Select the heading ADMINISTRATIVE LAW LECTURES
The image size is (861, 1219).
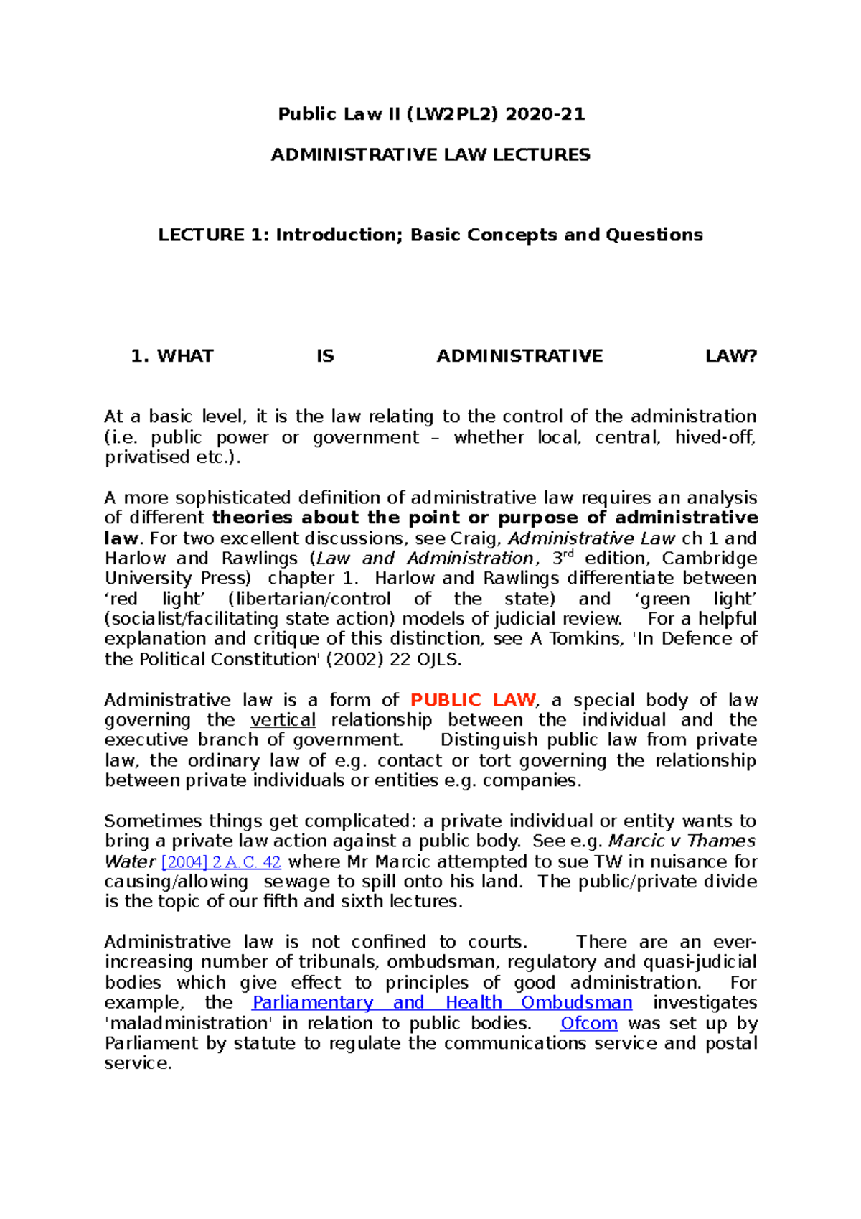pos(430,155)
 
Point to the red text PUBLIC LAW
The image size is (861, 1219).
pos(473,700)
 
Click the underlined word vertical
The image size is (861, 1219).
pos(283,720)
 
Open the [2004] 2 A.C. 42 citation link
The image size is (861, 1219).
pos(221,862)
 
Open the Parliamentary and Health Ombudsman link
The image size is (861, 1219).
pos(442,1003)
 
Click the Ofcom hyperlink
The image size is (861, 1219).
pos(588,1023)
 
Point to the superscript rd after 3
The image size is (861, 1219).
pos(571,554)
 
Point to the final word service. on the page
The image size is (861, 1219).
pos(138,1063)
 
